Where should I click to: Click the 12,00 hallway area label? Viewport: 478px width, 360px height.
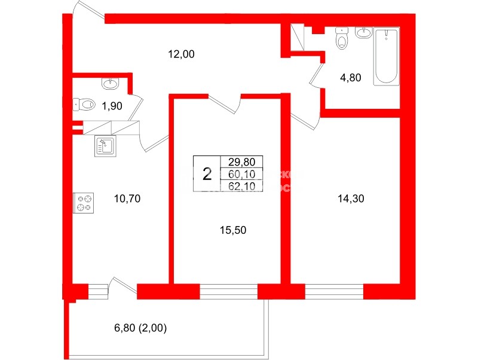[x=182, y=54]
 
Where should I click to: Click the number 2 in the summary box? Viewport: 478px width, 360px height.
[x=207, y=174]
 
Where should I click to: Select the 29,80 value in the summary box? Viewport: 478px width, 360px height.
[x=242, y=162]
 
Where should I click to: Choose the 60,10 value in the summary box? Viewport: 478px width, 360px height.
[x=242, y=174]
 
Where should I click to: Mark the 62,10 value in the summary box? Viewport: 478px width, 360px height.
[x=242, y=186]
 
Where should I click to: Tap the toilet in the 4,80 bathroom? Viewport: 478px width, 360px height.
[x=342, y=38]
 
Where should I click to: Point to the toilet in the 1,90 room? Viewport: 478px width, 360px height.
[x=85, y=105]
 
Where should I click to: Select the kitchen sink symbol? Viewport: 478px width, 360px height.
[x=105, y=145]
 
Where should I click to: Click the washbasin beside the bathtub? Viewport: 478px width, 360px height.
[x=363, y=32]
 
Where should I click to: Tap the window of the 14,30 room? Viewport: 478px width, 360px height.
[x=334, y=292]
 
